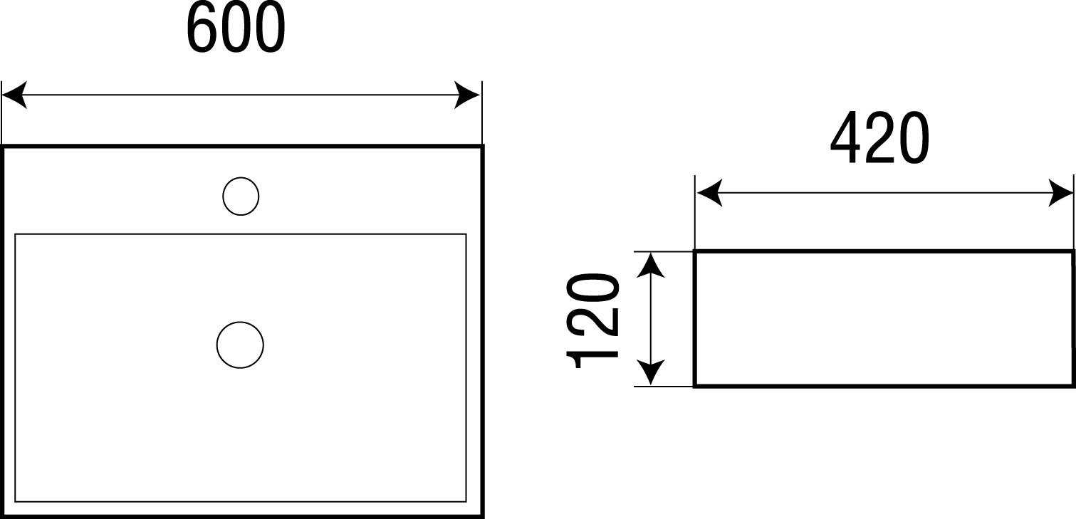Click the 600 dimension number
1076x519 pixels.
click(235, 29)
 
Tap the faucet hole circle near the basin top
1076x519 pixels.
click(241, 196)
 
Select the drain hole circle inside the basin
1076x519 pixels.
click(240, 345)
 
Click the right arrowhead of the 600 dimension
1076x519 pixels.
click(468, 95)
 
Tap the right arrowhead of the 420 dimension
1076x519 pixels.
click(1060, 194)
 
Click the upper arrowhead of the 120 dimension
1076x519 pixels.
click(649, 265)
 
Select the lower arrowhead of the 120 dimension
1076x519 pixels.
click(649, 373)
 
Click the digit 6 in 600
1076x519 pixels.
click(202, 29)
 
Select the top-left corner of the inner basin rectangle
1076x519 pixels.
click(16, 234)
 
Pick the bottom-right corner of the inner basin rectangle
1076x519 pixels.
click(466, 501)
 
